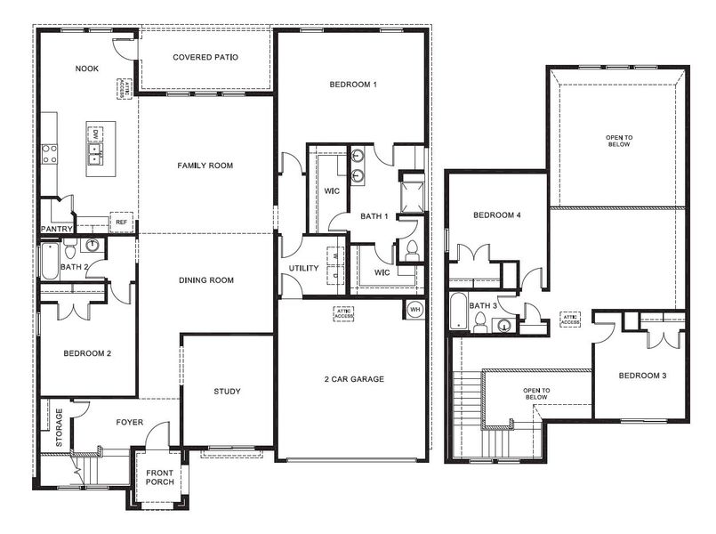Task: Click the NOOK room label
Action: (86, 69)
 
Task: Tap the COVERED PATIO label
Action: (205, 58)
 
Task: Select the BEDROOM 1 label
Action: (353, 85)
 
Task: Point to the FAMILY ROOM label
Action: (205, 166)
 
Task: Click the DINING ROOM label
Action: (205, 280)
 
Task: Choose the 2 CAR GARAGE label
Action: (354, 379)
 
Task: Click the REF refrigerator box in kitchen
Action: (120, 222)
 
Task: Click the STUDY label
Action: (227, 392)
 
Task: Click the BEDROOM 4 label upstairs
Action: (497, 215)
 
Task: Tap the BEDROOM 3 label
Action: (643, 375)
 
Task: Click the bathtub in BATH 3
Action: (460, 311)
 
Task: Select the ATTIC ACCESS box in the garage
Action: (344, 312)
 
